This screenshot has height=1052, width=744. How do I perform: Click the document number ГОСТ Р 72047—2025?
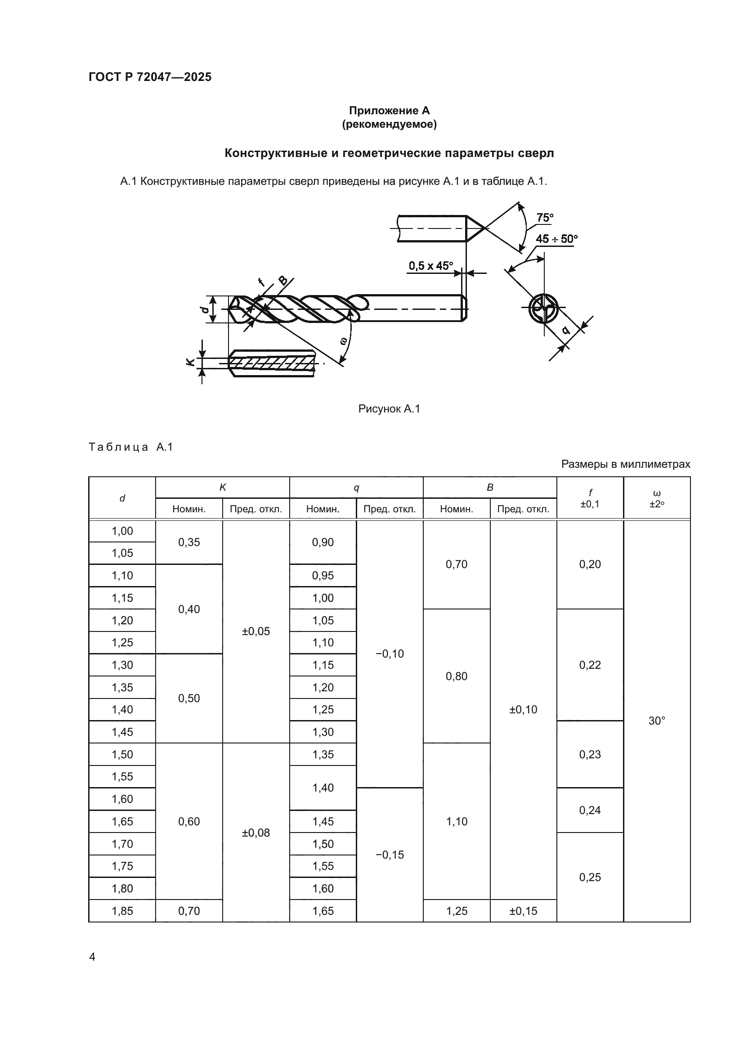(150, 77)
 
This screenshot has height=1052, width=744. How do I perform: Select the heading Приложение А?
(389, 111)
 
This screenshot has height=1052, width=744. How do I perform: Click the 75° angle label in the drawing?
(545, 218)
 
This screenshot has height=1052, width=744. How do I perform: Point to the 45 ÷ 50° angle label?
(556, 239)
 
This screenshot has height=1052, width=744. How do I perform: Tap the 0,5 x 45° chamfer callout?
(430, 266)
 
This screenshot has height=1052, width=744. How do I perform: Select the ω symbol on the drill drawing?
(344, 340)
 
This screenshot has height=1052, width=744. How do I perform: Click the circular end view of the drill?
(543, 308)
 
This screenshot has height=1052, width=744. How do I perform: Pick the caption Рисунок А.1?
(389, 409)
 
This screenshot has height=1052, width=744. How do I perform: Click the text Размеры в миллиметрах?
(625, 464)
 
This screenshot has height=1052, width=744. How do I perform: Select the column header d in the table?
(122, 498)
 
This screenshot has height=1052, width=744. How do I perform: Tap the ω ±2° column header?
(656, 498)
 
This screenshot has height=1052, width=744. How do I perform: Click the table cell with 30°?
(656, 721)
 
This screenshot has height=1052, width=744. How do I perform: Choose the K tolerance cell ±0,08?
(255, 833)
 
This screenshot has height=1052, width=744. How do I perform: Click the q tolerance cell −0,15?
(390, 855)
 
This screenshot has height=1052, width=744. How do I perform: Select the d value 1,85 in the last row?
(122, 911)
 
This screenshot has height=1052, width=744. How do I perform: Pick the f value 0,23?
(590, 754)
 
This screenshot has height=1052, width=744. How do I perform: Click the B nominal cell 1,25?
(456, 911)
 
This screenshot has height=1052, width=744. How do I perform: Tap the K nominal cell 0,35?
(189, 542)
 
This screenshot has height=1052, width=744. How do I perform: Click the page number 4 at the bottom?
(92, 957)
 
